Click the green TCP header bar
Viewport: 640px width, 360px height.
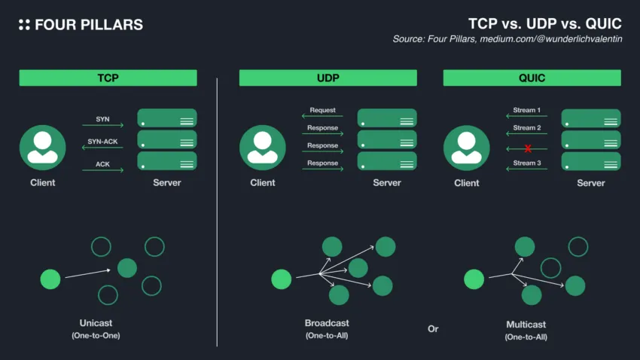(x=108, y=78)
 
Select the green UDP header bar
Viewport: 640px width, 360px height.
(x=328, y=78)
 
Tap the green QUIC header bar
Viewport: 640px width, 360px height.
(x=532, y=78)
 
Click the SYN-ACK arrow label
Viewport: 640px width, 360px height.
(x=103, y=142)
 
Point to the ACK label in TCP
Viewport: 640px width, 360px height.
(x=103, y=163)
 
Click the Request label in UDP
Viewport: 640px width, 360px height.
(x=322, y=110)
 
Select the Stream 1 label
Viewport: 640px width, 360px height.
(x=526, y=110)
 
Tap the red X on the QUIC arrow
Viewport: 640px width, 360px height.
(x=528, y=149)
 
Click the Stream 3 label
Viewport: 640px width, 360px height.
(x=526, y=163)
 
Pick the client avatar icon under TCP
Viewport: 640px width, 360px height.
(x=42, y=148)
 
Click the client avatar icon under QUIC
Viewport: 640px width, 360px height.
(x=467, y=148)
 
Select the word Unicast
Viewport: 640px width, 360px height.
(x=95, y=323)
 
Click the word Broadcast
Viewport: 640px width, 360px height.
(x=327, y=323)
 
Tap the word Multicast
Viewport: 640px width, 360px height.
(x=526, y=325)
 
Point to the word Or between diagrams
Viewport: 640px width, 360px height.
(x=432, y=329)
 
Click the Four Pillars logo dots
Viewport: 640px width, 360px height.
(x=24, y=25)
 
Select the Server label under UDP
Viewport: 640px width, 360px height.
(x=387, y=183)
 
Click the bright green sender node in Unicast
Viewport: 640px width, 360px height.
(x=50, y=279)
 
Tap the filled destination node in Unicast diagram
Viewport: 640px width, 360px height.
(x=127, y=267)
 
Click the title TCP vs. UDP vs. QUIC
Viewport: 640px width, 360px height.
(x=544, y=23)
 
